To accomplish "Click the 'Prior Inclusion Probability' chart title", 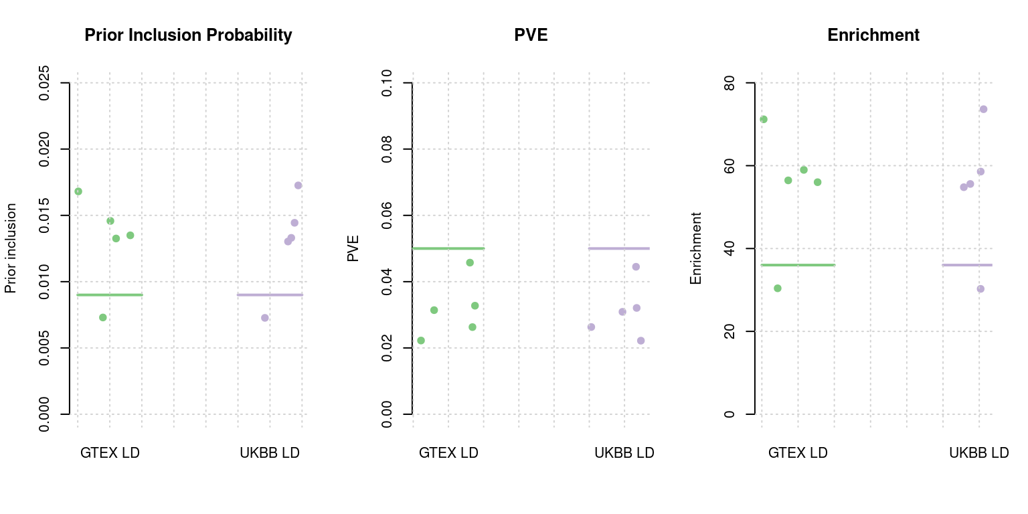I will click(x=188, y=35).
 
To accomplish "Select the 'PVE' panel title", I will click(x=531, y=35).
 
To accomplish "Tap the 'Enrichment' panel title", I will click(x=873, y=35).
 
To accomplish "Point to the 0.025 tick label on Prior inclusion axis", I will click(x=44, y=83).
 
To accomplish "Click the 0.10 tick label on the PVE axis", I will click(x=387, y=83).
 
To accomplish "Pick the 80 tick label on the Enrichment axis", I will click(x=730, y=83).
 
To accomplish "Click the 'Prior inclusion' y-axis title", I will click(x=10, y=249).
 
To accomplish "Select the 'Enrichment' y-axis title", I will click(x=696, y=249).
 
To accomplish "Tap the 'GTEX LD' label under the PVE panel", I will click(x=448, y=453).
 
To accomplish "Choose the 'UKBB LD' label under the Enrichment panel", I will click(x=978, y=453).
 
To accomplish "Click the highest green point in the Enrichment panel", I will click(x=763, y=119).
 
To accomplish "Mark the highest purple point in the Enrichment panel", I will click(x=983, y=109).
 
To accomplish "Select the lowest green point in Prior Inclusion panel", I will click(x=103, y=317).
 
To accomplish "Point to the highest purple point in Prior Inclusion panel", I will click(x=298, y=185).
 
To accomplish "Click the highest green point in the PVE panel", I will click(x=470, y=262).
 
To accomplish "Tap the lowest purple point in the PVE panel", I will click(x=640, y=341).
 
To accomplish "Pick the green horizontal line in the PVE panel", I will click(x=448, y=248).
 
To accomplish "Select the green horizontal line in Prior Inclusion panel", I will click(x=110, y=294).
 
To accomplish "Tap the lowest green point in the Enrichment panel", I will click(x=778, y=288).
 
